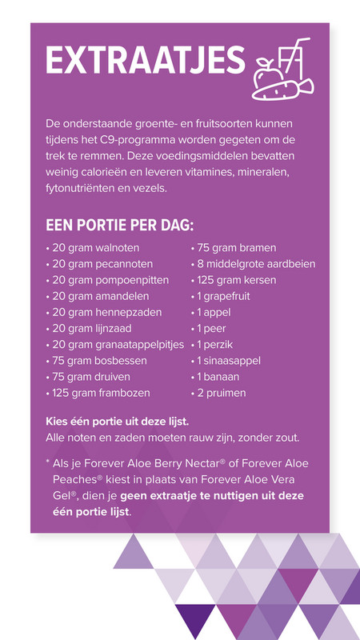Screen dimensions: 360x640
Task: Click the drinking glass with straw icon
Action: click(x=289, y=55)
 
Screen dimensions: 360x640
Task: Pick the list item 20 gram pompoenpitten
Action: click(x=105, y=281)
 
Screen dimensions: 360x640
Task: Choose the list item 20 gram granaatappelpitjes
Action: click(x=115, y=345)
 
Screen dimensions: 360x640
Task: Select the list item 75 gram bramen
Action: click(x=233, y=249)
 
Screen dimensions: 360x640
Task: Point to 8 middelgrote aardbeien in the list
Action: click(x=253, y=264)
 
